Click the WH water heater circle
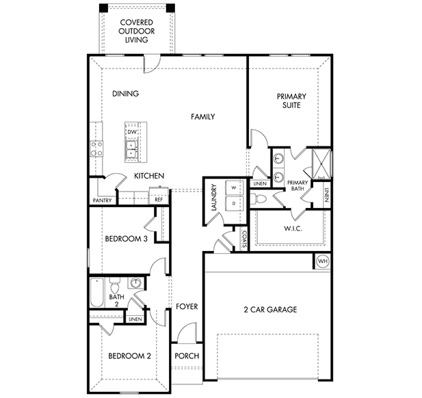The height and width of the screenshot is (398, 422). (x=323, y=261)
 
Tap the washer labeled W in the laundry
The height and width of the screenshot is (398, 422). (x=234, y=187)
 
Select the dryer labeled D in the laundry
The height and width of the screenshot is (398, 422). (x=234, y=204)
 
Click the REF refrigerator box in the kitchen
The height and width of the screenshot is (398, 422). (x=159, y=196)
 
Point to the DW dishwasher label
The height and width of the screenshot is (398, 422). (x=132, y=132)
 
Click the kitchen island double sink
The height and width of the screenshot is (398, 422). (x=132, y=149)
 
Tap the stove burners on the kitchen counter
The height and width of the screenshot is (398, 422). (x=96, y=149)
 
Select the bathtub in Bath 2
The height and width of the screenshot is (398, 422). (x=97, y=293)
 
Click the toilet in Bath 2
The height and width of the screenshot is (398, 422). (x=115, y=285)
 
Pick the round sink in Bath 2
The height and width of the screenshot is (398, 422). (x=135, y=282)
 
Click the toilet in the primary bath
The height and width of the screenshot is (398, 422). (x=259, y=199)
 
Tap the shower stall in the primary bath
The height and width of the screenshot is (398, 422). (x=321, y=164)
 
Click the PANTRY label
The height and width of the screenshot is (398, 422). (x=102, y=200)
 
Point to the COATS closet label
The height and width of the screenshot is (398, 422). (x=244, y=239)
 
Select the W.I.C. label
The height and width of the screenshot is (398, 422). (x=293, y=228)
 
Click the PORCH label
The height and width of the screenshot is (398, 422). (x=187, y=356)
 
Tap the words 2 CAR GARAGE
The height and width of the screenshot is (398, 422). (x=270, y=310)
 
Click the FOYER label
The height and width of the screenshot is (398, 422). (x=187, y=306)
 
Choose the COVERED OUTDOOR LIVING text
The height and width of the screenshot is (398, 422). (x=137, y=31)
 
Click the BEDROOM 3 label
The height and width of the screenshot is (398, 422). (x=127, y=239)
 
